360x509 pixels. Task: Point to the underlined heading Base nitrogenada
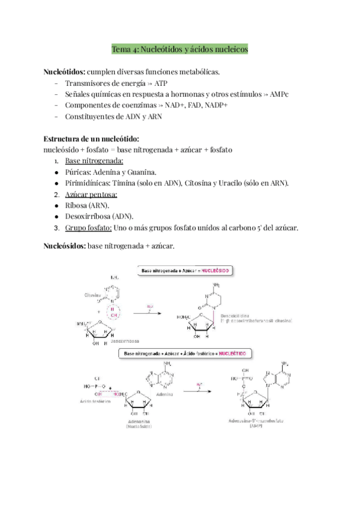94,161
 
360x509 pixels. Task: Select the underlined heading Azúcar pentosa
91,194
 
